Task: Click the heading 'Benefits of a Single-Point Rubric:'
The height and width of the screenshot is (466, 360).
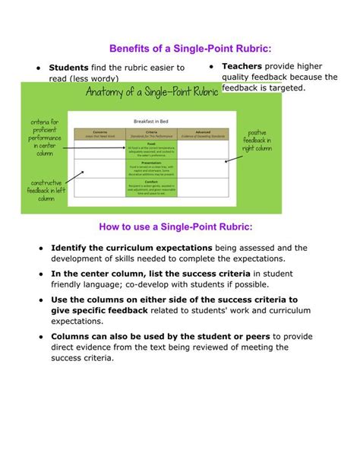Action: click(180, 48)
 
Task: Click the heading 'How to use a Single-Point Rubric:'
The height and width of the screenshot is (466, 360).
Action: click(179, 227)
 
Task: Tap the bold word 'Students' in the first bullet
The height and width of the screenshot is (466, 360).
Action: click(68, 68)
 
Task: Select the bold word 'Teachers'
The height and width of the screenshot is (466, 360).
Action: click(242, 66)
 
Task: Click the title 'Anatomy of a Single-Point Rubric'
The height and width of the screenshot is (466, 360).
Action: click(152, 92)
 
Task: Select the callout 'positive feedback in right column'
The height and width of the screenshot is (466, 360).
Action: click(257, 141)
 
